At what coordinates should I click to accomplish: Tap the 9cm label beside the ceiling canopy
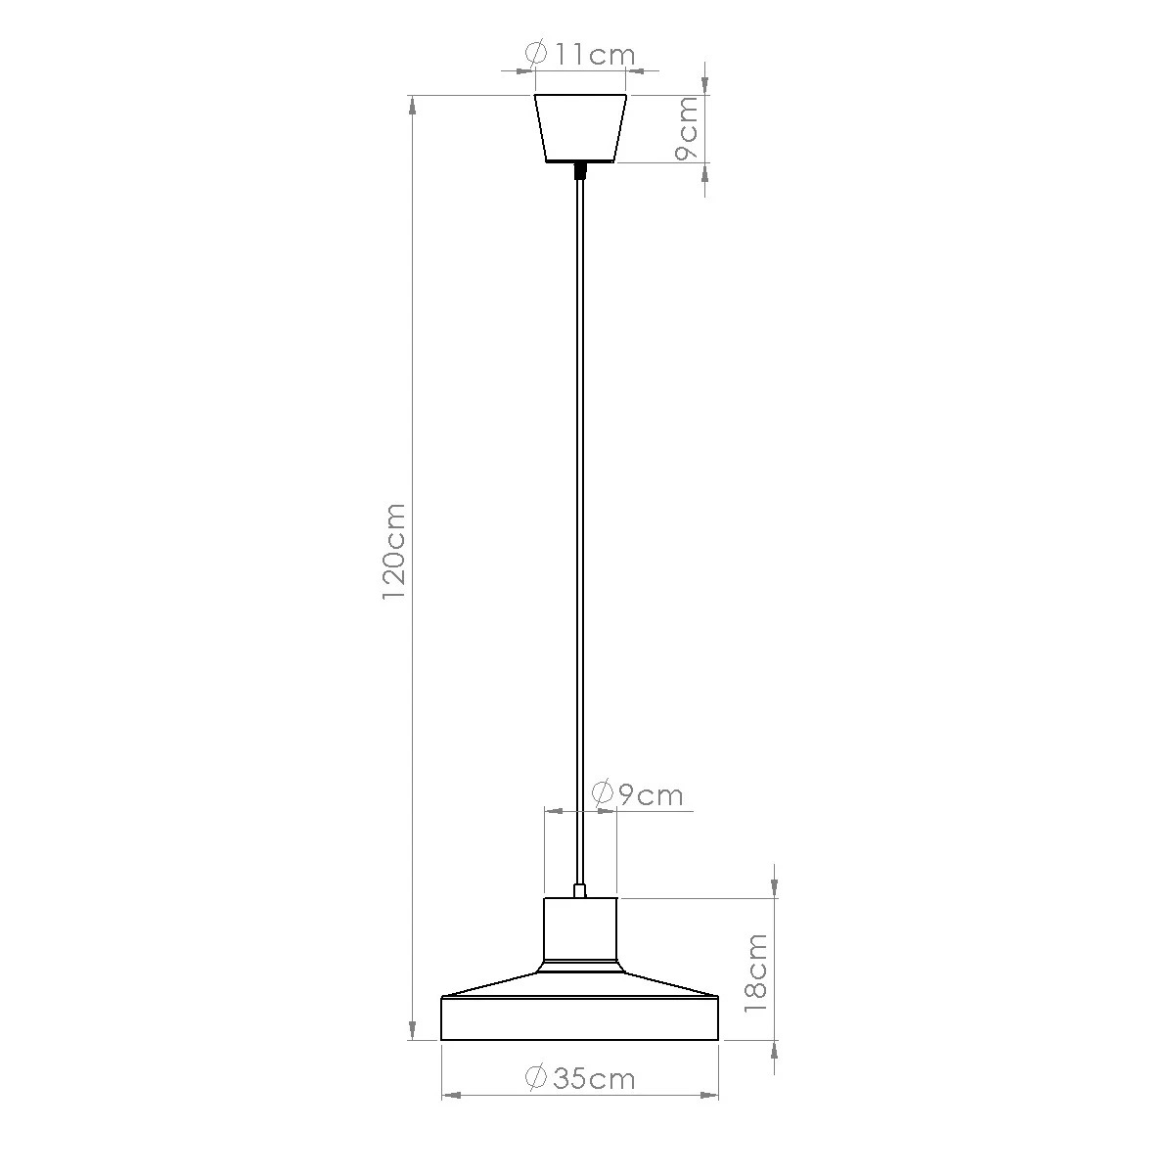pyautogui.click(x=688, y=128)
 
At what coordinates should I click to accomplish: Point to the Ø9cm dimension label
pyautogui.click(x=638, y=793)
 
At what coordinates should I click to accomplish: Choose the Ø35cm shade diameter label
pyautogui.click(x=580, y=1078)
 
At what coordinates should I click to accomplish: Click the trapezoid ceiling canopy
pyautogui.click(x=580, y=128)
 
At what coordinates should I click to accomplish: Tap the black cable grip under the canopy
pyautogui.click(x=580, y=171)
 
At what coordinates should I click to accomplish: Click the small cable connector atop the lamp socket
pyautogui.click(x=580, y=890)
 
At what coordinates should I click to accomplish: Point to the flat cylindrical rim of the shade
pyautogui.click(x=580, y=1019)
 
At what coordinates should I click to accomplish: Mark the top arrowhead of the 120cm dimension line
pyautogui.click(x=413, y=105)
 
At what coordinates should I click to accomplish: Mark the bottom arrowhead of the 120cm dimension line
pyautogui.click(x=413, y=1030)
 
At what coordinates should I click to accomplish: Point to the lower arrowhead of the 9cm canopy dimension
pyautogui.click(x=706, y=172)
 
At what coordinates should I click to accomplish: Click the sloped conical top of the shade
pyautogui.click(x=580, y=982)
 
